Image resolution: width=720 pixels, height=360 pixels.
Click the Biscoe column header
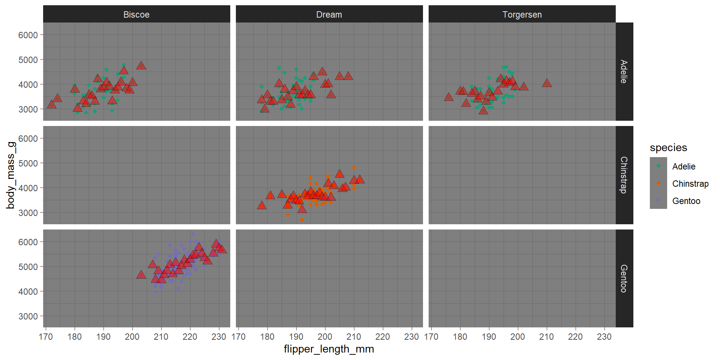pyautogui.click(x=136, y=15)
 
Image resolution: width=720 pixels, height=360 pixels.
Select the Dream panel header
pyautogui.click(x=329, y=15)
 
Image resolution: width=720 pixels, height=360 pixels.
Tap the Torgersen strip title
pyautogui.click(x=522, y=15)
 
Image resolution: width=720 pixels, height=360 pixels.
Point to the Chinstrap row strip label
pyautogui.click(x=624, y=175)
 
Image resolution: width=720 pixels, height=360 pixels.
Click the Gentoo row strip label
pyautogui.click(x=624, y=278)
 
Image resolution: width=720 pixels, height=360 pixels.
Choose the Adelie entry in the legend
pyautogui.click(x=684, y=166)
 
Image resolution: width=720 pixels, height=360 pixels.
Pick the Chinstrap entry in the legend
pyautogui.click(x=690, y=184)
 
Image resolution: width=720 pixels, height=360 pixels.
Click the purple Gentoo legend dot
pyautogui.click(x=658, y=201)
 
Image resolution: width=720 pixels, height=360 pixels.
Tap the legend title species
pyautogui.click(x=668, y=148)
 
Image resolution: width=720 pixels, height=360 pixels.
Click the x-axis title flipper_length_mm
pyautogui.click(x=329, y=349)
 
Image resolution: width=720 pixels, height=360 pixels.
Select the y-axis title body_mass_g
pyautogui.click(x=10, y=175)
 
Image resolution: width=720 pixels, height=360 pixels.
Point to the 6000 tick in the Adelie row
pyautogui.click(x=28, y=35)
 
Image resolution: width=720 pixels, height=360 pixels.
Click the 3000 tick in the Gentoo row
pyautogui.click(x=28, y=316)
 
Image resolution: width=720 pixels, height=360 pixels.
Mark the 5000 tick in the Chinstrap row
pyautogui.click(x=28, y=163)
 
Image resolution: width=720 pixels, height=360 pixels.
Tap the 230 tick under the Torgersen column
pyautogui.click(x=604, y=337)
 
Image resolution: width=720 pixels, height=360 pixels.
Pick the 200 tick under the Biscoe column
pyautogui.click(x=132, y=337)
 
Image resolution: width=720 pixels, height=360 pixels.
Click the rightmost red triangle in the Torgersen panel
pyautogui.click(x=547, y=83)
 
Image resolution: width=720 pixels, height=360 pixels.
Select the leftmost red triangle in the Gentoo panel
pyautogui.click(x=141, y=275)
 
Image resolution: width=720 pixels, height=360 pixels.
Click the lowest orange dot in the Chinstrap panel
pyautogui.click(x=302, y=220)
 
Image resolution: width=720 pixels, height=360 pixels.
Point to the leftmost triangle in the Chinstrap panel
pyautogui.click(x=262, y=205)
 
